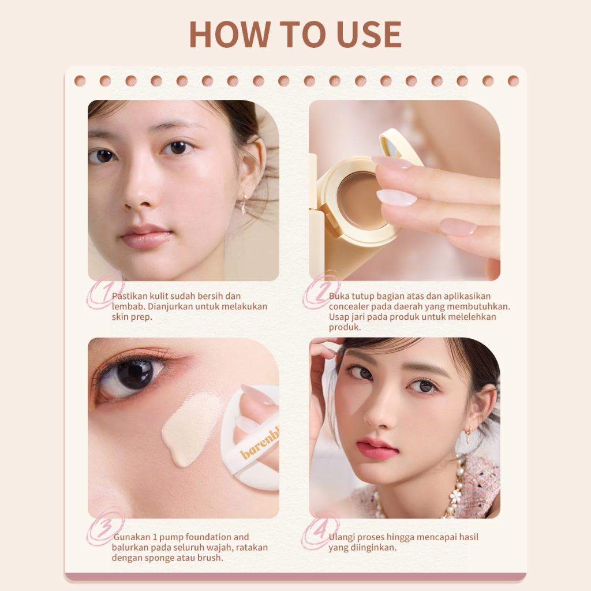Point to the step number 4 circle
[320, 531]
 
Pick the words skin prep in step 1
[132, 317]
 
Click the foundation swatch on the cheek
[189, 427]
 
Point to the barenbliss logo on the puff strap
[259, 444]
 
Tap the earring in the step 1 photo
[244, 203]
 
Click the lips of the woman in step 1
[146, 235]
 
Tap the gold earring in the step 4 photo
[468, 432]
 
